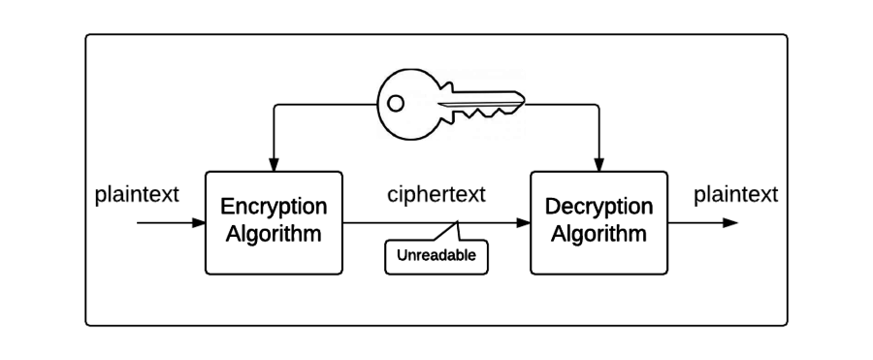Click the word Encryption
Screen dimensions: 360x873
coord(274,207)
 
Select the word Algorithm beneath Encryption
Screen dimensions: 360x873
coord(274,234)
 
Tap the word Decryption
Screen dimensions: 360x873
coord(598,207)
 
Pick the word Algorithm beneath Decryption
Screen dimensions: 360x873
coord(598,234)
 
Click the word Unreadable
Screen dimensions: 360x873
coord(436,257)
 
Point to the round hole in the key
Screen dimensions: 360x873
coord(395,102)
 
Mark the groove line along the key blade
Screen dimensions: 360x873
coord(475,102)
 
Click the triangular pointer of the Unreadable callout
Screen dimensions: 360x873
coord(448,232)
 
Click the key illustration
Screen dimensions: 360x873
coord(451,104)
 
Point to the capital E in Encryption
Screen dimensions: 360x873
coord(228,207)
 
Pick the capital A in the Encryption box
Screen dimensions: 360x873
coord(233,234)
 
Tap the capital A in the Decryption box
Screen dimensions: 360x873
coord(558,234)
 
